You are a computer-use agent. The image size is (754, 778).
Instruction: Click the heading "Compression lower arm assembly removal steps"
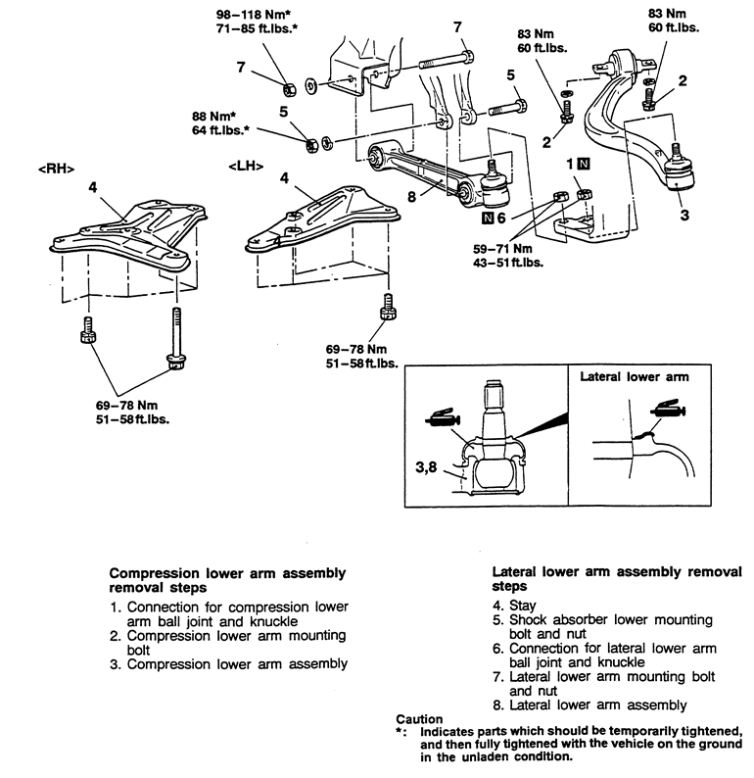tap(227, 578)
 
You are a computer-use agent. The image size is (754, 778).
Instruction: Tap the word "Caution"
tap(420, 718)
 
